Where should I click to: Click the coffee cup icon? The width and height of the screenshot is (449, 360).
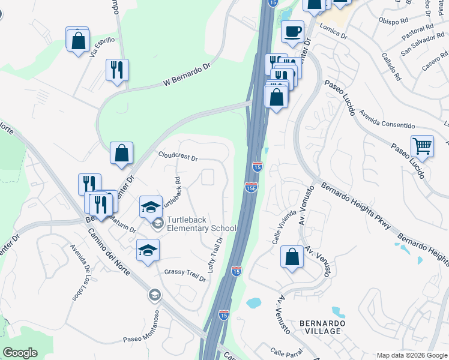[x=292, y=32]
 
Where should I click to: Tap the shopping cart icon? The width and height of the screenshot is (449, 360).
[x=423, y=146]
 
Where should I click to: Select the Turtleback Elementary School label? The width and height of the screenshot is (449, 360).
[x=201, y=224]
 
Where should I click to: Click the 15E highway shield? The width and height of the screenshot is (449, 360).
[x=251, y=188]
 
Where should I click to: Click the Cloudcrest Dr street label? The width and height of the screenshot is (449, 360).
[x=178, y=156]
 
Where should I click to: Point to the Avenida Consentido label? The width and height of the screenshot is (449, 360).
[x=387, y=120]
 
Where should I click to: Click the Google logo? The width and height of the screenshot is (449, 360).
[x=20, y=353]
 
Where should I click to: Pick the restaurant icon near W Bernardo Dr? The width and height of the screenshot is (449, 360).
[x=116, y=70]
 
